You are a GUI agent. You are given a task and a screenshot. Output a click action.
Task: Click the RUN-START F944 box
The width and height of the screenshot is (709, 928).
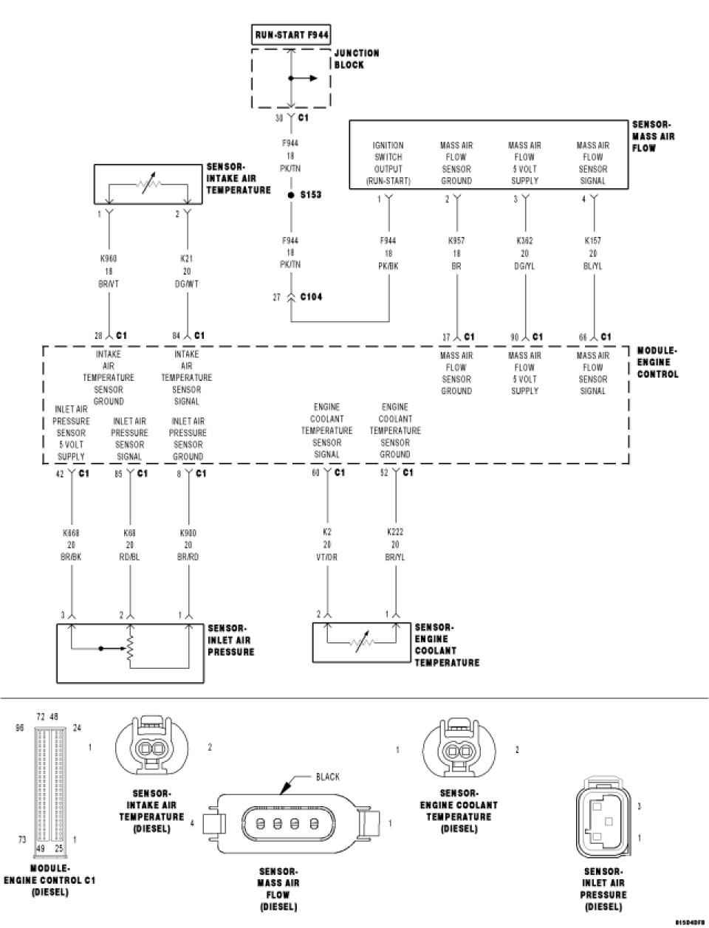click(x=292, y=34)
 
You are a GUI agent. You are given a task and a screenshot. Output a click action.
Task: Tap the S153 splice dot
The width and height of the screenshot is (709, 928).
click(x=292, y=194)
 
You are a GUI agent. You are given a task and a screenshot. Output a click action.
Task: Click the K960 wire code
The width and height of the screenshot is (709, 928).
click(x=109, y=259)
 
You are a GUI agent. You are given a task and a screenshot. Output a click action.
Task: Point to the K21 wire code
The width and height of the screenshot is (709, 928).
click(x=187, y=259)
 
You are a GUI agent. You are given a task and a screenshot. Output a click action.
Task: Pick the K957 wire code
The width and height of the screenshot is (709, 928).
click(x=456, y=241)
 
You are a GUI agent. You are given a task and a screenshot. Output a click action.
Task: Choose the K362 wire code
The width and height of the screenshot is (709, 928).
click(x=524, y=241)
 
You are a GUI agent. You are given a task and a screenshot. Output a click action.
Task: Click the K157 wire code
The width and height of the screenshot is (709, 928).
click(x=593, y=241)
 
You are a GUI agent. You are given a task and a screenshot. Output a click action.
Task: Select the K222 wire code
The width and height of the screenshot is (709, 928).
click(x=395, y=532)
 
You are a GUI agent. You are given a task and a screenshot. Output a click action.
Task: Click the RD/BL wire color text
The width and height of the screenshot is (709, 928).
click(x=129, y=556)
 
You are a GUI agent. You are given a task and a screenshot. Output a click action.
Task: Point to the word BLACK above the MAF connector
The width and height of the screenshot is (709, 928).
click(x=327, y=777)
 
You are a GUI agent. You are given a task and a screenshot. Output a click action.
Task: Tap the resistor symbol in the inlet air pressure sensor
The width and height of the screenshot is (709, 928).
click(x=130, y=649)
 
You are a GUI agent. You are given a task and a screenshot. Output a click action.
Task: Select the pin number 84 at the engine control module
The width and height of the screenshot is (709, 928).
click(x=177, y=336)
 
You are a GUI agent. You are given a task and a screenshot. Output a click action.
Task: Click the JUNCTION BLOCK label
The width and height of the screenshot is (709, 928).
click(x=357, y=59)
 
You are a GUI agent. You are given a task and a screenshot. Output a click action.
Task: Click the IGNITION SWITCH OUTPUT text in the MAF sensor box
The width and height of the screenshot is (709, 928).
click(x=388, y=163)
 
